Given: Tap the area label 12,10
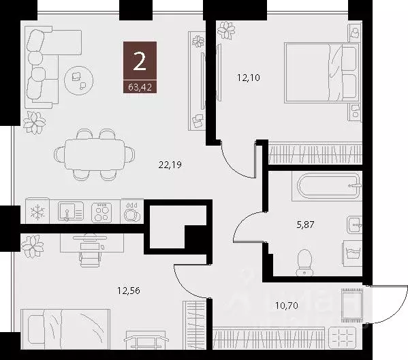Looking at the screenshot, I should (249, 78).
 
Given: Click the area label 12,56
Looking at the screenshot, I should (129, 291).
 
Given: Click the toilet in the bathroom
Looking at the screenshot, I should (304, 259).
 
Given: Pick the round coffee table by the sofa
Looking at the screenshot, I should (78, 80).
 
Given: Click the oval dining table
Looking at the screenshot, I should (95, 154).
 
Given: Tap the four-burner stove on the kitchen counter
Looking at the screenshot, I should (102, 212).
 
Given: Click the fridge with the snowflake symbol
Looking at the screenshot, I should (37, 212).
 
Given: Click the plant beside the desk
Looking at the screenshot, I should (32, 242).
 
